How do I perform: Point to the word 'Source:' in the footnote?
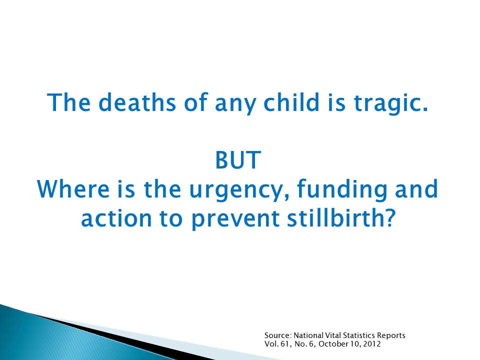pyautogui.click(x=275, y=335)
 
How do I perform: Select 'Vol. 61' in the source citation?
pyautogui.click(x=274, y=343)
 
